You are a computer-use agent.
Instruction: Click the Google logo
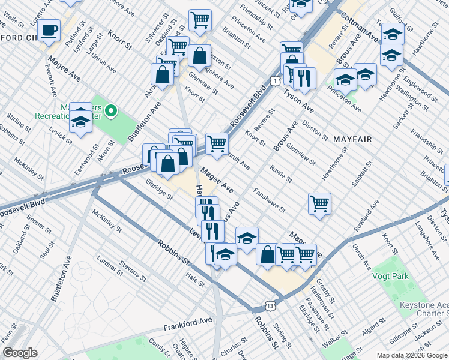click(x=20, y=352)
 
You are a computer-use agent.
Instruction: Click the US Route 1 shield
click(x=274, y=80)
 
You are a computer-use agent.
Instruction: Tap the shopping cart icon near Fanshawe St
click(x=319, y=202)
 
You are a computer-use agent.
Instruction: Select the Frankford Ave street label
click(x=188, y=326)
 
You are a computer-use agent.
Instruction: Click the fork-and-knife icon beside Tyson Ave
click(x=306, y=77)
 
